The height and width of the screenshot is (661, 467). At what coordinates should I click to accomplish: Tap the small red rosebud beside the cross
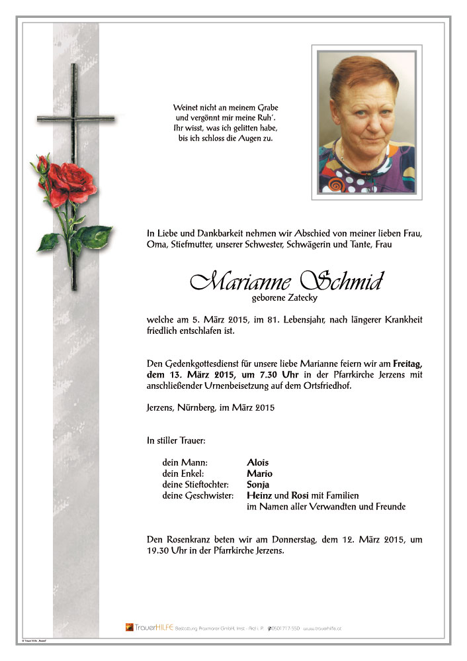tap(43, 163)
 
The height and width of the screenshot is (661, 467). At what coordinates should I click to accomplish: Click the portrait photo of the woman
tap(366, 122)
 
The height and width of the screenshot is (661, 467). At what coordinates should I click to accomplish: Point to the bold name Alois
tap(258, 462)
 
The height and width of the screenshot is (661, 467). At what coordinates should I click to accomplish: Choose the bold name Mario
tap(259, 474)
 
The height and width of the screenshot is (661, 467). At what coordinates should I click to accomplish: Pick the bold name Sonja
tap(259, 485)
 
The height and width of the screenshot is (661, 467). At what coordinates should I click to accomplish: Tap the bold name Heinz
tap(259, 496)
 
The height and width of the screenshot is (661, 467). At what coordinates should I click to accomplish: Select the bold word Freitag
tap(407, 363)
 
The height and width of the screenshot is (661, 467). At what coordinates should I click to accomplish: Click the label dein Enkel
tap(183, 474)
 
